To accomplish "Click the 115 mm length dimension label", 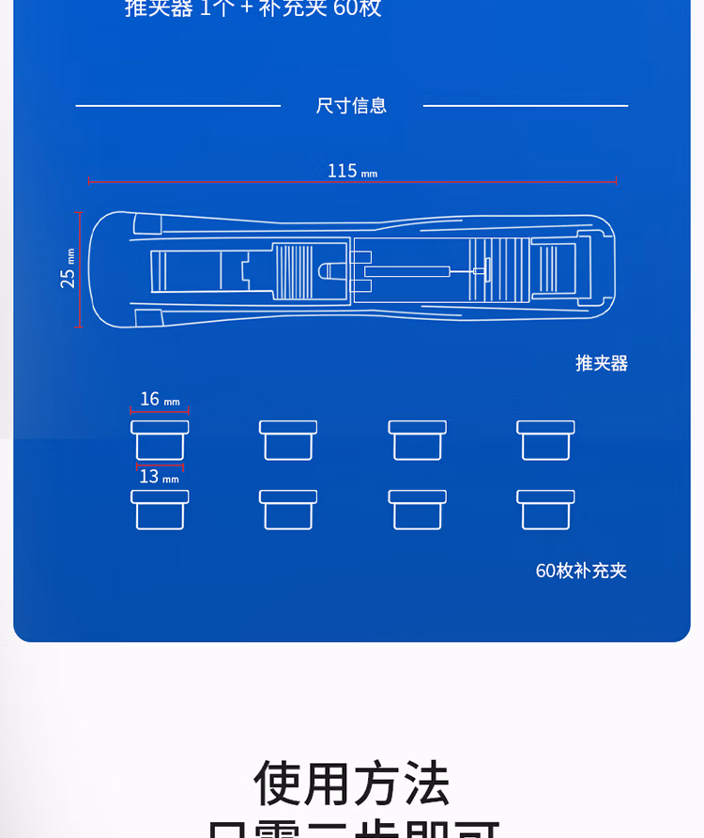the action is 352,171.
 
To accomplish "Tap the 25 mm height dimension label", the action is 68,268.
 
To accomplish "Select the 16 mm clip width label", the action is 159,400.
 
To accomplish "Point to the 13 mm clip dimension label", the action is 159,477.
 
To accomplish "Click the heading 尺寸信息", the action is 351,105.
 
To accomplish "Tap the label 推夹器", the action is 601,363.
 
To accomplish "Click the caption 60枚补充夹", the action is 580,571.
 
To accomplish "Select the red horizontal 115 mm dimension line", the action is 352,181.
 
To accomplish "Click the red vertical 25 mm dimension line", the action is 80,269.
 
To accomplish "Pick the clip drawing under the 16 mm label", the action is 160,440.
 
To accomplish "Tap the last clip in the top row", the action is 545,440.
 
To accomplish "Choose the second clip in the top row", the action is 288,440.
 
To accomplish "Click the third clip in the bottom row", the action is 417,510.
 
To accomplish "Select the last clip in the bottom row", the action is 545,510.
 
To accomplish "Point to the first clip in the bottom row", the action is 160,510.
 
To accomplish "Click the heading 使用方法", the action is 352,784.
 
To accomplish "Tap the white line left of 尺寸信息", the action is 178,106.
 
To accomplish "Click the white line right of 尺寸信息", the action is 526,106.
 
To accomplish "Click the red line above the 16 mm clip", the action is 160,411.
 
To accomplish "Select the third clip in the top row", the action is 417,440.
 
